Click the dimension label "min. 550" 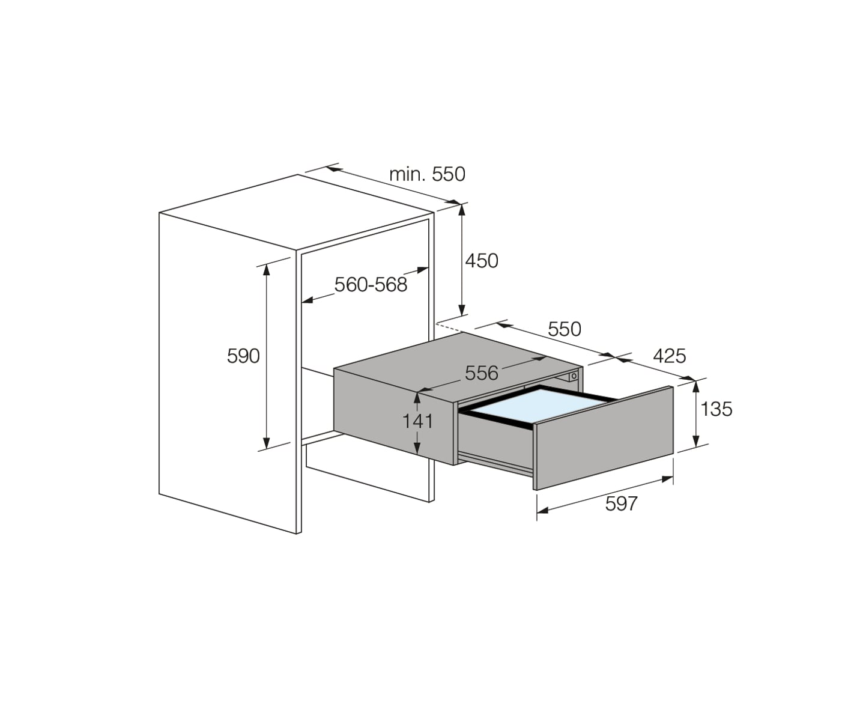pyautogui.click(x=427, y=174)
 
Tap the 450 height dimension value pyautogui.click(x=482, y=261)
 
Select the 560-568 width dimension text pyautogui.click(x=371, y=284)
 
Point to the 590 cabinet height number pyautogui.click(x=243, y=356)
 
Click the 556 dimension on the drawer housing pyautogui.click(x=481, y=373)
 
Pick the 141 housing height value pyautogui.click(x=417, y=421)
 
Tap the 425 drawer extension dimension pyautogui.click(x=670, y=356)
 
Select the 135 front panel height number pyautogui.click(x=716, y=409)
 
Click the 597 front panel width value pyautogui.click(x=621, y=503)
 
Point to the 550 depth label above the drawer pyautogui.click(x=565, y=329)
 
